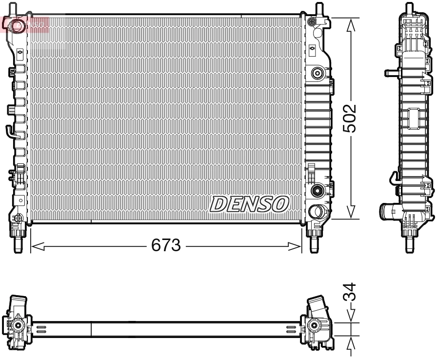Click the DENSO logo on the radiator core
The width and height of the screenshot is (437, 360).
(x=249, y=204)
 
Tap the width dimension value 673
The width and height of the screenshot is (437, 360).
(x=166, y=245)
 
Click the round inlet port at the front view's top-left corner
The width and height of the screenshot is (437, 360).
(x=18, y=25)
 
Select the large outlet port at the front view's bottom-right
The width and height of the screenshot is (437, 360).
(x=317, y=212)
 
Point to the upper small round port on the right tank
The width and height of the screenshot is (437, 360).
(x=317, y=73)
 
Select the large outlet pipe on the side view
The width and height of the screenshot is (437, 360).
(x=388, y=212)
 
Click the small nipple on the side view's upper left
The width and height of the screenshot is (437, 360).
(x=390, y=73)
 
